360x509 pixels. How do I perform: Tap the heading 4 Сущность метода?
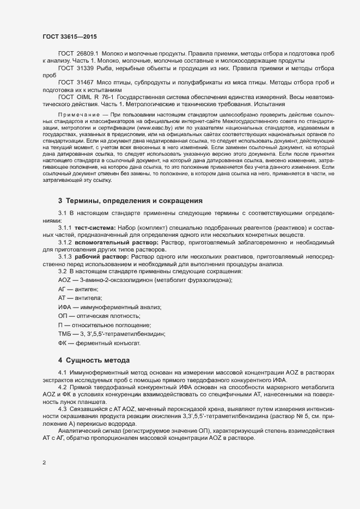point(94,360)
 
